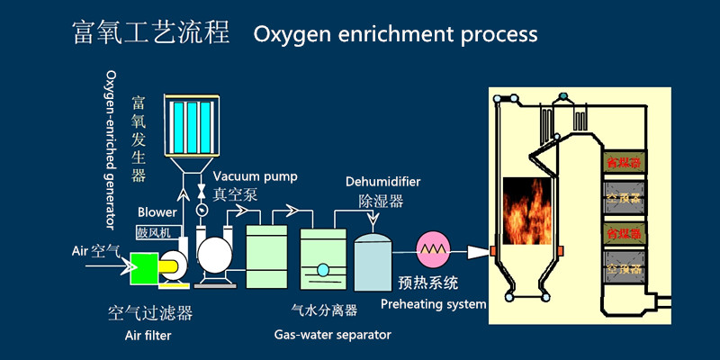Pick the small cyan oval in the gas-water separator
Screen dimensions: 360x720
click(x=322, y=269)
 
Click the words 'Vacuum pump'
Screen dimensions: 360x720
click(x=256, y=176)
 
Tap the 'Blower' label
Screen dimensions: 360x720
click(x=157, y=212)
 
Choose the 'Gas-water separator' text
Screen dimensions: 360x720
click(x=332, y=335)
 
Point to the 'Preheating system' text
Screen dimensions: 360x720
click(x=433, y=303)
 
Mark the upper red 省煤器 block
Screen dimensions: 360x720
click(x=623, y=163)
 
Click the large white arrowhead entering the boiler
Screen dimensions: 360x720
click(x=477, y=249)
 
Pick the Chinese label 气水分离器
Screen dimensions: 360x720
click(x=323, y=310)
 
